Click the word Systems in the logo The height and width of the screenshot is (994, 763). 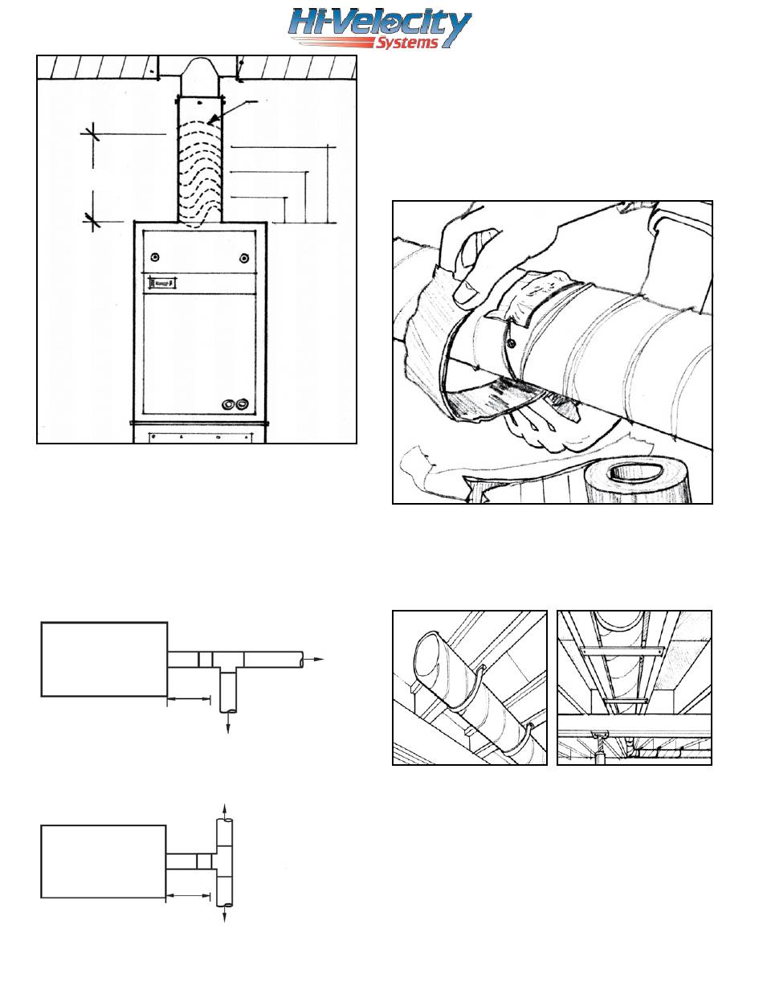click(406, 43)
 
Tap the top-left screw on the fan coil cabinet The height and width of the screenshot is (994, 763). click(156, 257)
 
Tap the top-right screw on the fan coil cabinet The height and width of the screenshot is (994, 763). click(244, 258)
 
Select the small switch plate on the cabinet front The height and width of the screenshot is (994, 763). click(161, 284)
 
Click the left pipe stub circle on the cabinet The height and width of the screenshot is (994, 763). click(228, 404)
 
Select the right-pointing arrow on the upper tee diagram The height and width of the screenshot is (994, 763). click(313, 659)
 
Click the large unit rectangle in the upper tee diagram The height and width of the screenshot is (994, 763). click(104, 659)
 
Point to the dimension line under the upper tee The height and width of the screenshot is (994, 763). click(189, 698)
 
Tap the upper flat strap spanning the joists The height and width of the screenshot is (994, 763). click(621, 650)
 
